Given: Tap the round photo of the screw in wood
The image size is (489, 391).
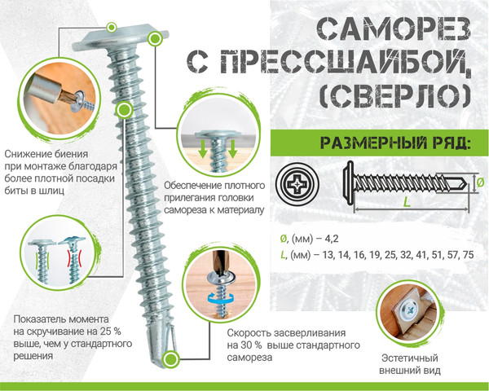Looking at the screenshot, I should click(x=410, y=313).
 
